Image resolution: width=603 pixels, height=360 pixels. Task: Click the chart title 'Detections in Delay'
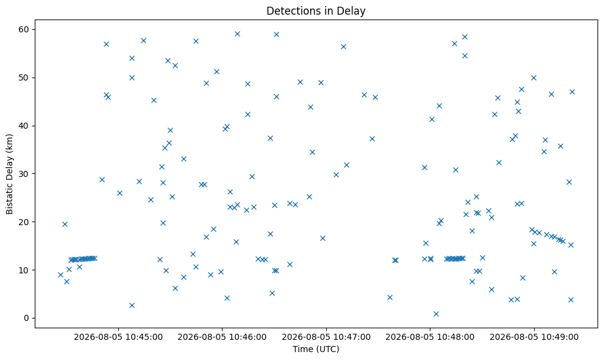[x=316, y=11]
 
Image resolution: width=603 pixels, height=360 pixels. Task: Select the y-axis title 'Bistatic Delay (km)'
[x=9, y=174]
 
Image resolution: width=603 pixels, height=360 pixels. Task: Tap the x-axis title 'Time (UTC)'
[x=316, y=349]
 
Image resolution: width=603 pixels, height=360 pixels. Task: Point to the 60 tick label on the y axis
[x=24, y=30]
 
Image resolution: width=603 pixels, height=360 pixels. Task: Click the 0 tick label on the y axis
[x=27, y=318]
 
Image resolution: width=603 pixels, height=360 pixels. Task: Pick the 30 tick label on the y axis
[x=24, y=174]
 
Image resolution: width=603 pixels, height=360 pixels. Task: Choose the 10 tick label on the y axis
[x=24, y=270]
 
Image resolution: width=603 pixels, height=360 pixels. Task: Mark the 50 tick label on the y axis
[x=24, y=77]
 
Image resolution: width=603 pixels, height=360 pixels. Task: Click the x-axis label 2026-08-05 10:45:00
[x=118, y=337]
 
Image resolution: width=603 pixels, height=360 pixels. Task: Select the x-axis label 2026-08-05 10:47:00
[x=326, y=337]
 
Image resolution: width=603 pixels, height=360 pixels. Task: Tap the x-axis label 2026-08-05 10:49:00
[x=533, y=337]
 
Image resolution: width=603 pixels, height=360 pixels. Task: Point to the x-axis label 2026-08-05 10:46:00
[x=222, y=337]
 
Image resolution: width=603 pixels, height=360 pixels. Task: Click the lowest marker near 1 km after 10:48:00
[x=436, y=314]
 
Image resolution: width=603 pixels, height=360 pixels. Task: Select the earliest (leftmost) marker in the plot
[x=60, y=275]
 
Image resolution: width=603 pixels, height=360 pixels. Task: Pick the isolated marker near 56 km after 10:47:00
[x=343, y=46]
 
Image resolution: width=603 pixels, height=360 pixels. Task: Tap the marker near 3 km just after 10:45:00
[x=132, y=305]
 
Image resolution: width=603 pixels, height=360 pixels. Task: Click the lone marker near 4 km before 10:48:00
[x=390, y=297]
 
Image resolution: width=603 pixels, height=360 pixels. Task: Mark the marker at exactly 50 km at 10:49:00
[x=533, y=77]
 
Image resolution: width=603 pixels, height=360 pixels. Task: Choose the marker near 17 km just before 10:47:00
[x=323, y=239]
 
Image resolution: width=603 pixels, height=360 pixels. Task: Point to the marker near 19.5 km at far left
[x=65, y=224]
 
